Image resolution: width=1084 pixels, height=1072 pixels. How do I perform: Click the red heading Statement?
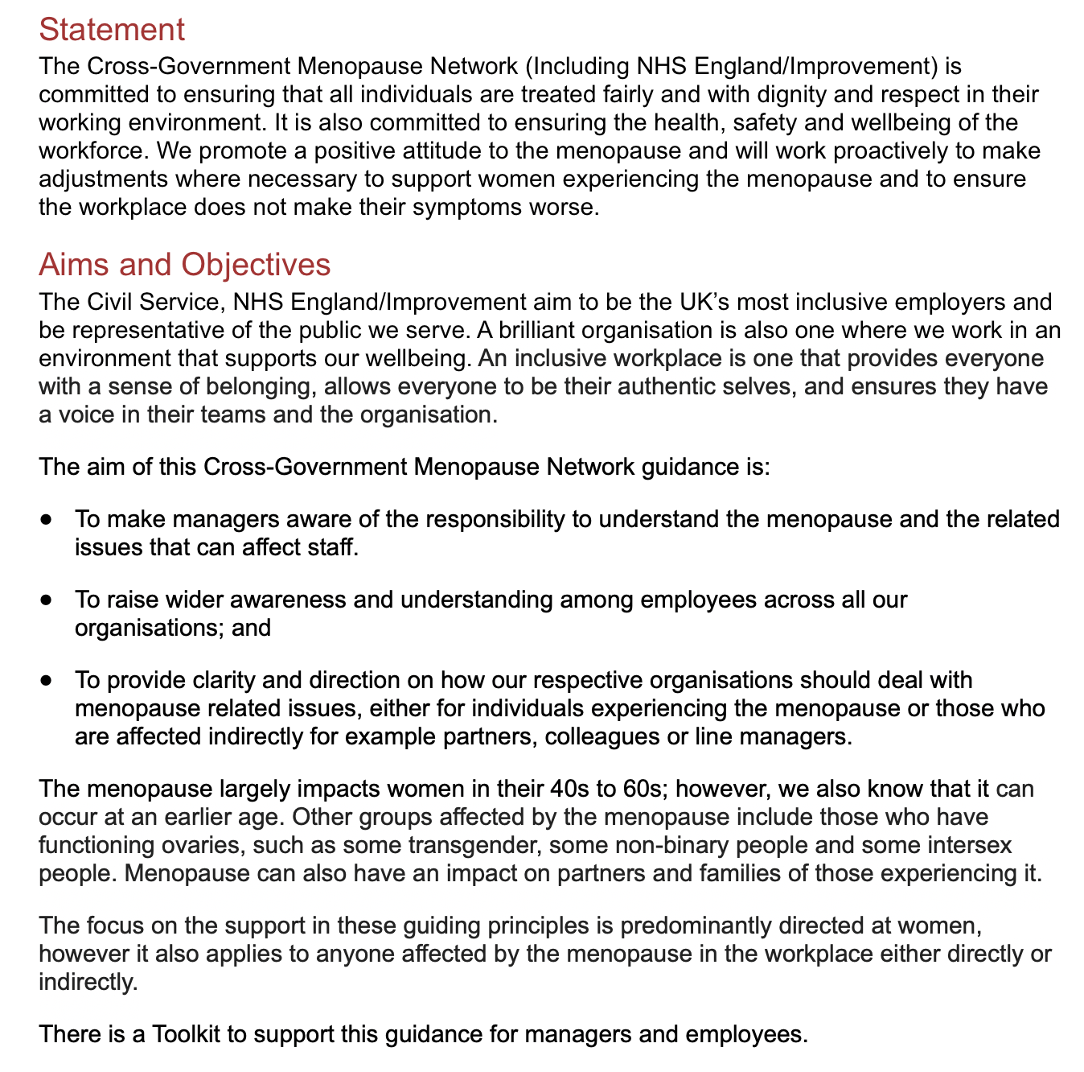click(112, 30)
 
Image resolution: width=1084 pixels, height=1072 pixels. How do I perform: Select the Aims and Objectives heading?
click(184, 264)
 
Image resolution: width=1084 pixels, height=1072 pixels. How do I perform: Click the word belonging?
click(254, 386)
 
